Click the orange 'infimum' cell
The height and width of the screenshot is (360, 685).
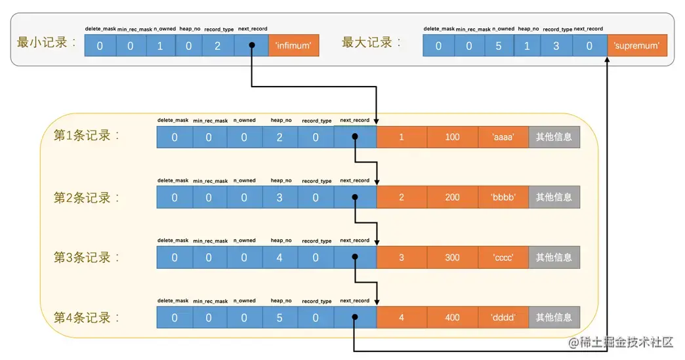pyautogui.click(x=293, y=45)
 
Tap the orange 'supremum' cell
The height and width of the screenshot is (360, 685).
pyautogui.click(x=636, y=45)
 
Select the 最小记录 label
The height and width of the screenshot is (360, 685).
pyautogui.click(x=47, y=43)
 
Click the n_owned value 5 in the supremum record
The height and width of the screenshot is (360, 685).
pyautogui.click(x=498, y=46)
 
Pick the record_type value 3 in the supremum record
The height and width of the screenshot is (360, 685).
pyautogui.click(x=556, y=46)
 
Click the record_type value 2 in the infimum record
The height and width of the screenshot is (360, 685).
pyautogui.click(x=217, y=46)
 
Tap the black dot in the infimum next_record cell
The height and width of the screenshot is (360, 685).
pyautogui.click(x=252, y=46)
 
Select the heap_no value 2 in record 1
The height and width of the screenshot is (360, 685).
pyautogui.click(x=279, y=137)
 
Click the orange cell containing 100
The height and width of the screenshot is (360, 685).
pyautogui.click(x=452, y=137)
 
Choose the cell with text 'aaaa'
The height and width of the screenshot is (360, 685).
pyautogui.click(x=503, y=137)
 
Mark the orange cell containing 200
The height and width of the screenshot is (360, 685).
pyautogui.click(x=452, y=197)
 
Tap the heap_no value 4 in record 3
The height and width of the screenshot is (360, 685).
pyautogui.click(x=279, y=258)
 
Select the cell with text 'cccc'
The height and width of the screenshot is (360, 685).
pyautogui.click(x=503, y=258)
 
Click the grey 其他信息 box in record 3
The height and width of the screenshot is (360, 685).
pyautogui.click(x=554, y=258)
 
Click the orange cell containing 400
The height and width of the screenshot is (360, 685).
pyautogui.click(x=452, y=318)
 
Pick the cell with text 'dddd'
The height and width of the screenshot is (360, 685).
pyautogui.click(x=503, y=318)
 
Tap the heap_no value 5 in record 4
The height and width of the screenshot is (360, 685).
pyautogui.click(x=279, y=318)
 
